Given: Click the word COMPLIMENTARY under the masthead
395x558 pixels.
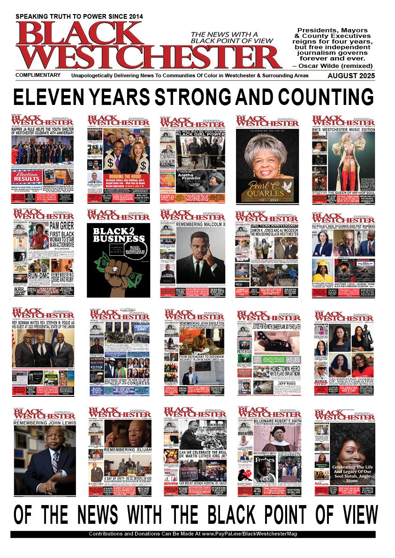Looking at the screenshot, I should point(38,75).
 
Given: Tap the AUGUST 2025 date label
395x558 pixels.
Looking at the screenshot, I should point(351,76).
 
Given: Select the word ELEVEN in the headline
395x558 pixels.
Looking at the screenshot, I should point(50,97).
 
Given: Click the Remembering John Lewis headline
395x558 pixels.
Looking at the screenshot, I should point(44,423).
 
